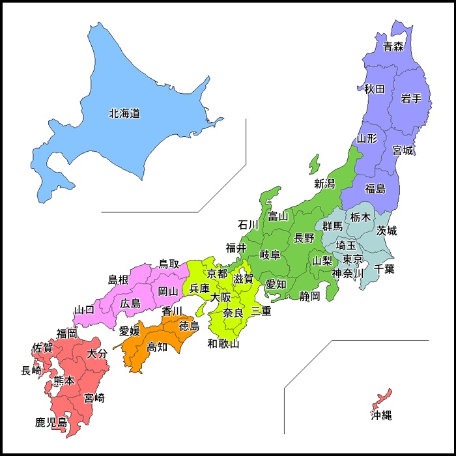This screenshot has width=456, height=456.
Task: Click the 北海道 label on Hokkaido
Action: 124,113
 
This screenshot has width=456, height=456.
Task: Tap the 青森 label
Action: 393,46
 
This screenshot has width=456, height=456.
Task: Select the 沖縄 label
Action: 382,415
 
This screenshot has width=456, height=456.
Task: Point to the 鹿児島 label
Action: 51,423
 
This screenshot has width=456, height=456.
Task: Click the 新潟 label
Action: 324,184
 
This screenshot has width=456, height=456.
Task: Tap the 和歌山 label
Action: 223,343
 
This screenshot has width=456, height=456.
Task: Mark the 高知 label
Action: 157,347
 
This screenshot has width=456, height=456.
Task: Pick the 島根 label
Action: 118,280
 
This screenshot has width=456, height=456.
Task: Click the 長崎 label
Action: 31,371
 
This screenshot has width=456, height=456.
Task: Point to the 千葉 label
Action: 384,268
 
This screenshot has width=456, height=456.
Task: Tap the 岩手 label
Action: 411,98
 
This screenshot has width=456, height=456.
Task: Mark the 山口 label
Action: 85,309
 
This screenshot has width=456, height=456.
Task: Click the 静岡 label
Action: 310,296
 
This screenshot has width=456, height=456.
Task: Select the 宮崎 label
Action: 94,397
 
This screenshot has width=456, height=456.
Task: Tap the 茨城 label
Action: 386,231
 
